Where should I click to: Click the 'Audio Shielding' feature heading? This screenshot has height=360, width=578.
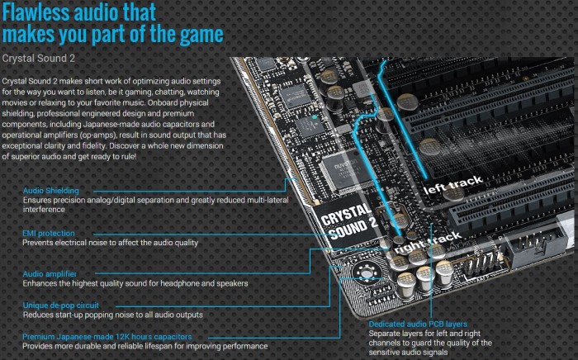click(x=51, y=191)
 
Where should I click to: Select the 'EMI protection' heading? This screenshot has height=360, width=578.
click(x=49, y=233)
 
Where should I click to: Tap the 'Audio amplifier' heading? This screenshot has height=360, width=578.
click(x=50, y=274)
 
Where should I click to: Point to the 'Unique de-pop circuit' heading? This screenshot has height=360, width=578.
click(x=61, y=306)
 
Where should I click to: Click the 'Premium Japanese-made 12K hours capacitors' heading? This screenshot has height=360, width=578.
click(x=107, y=336)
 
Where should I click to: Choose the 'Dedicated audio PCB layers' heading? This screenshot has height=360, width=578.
click(x=418, y=324)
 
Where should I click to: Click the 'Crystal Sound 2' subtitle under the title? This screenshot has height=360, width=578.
click(x=38, y=59)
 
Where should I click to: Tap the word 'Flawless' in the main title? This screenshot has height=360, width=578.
click(x=36, y=12)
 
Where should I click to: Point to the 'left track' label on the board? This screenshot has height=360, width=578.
click(x=453, y=185)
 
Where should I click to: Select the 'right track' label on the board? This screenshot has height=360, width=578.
click(x=428, y=243)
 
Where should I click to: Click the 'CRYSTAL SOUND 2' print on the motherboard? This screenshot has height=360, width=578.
click(x=348, y=221)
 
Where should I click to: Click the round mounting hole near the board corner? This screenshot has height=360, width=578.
click(x=367, y=273)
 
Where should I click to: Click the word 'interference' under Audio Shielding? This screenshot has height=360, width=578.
click(x=44, y=209)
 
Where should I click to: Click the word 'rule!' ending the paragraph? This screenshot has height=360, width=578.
click(x=127, y=157)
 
